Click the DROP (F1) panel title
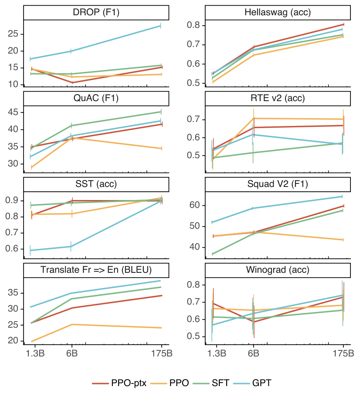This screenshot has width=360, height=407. pos(96,13)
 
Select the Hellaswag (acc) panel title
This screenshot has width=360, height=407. pos(277,13)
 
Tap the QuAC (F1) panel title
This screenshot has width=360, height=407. pos(96,98)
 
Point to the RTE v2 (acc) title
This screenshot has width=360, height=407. pos(277,98)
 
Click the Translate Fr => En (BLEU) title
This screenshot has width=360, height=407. pos(96,270)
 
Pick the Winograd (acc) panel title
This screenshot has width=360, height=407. pos(277,270)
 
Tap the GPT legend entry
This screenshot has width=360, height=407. pos(256,383)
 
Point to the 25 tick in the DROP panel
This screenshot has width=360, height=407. pos(14,34)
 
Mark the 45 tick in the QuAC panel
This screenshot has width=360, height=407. pos(14,112)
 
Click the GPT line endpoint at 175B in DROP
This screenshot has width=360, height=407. pos(161,26)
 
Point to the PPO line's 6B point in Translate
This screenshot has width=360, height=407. pos(72,324)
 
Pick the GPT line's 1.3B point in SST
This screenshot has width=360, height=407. pos(30,250)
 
